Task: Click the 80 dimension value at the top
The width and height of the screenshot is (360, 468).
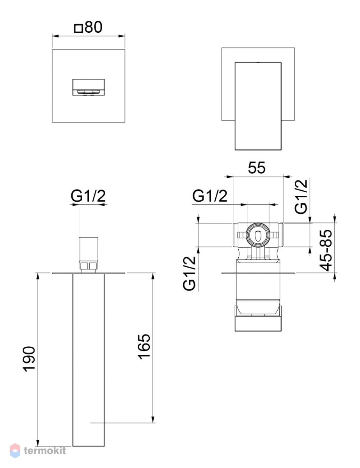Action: (x=94, y=27)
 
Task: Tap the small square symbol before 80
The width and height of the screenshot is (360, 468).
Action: (x=78, y=28)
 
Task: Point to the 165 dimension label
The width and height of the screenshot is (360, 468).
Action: (x=144, y=347)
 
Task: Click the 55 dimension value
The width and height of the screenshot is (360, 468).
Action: (x=257, y=168)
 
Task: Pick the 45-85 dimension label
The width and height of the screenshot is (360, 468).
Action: (x=326, y=250)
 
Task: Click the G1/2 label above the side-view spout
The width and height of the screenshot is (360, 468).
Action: (x=88, y=196)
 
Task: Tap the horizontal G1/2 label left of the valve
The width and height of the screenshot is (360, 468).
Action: (x=210, y=196)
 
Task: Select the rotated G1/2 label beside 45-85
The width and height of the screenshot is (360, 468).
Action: (x=301, y=197)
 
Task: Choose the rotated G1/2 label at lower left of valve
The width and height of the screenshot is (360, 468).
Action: (x=189, y=273)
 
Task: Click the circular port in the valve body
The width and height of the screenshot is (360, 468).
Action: (x=258, y=234)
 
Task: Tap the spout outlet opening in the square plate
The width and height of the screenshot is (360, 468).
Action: (x=89, y=87)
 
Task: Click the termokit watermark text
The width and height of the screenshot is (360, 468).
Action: (x=45, y=450)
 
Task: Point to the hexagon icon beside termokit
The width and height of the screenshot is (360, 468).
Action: (x=15, y=450)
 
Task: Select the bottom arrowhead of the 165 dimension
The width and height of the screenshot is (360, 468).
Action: (x=153, y=419)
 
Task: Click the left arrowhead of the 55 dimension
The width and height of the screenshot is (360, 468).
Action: (x=229, y=177)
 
